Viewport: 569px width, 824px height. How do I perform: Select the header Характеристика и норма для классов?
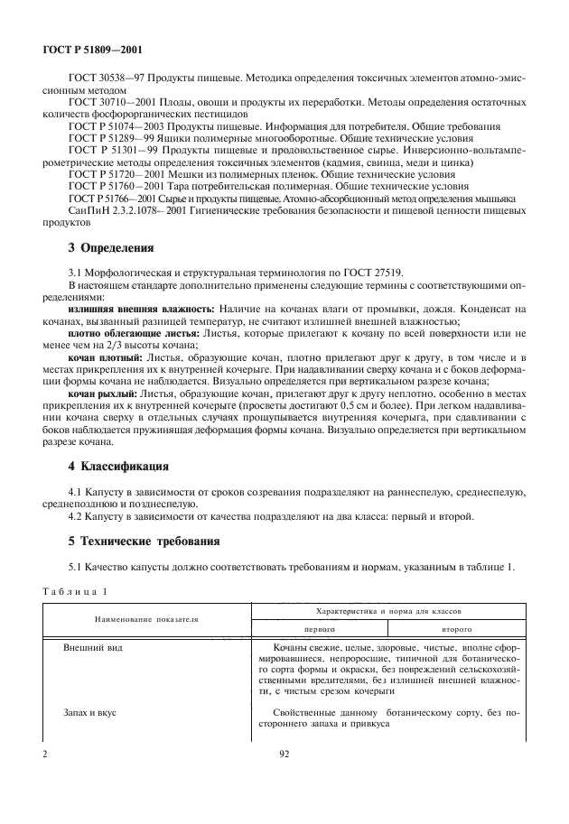point(387,611)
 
